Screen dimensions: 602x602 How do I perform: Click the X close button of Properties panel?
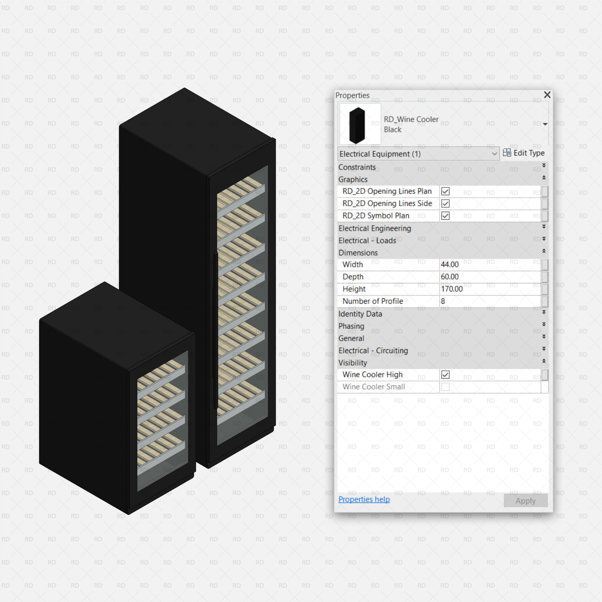click(x=547, y=95)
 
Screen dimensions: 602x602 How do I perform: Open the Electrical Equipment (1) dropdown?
click(x=418, y=154)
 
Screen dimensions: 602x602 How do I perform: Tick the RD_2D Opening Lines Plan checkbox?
click(x=445, y=191)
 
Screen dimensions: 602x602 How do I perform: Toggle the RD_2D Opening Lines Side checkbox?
click(x=445, y=204)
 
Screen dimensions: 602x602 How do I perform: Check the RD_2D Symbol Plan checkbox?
click(x=445, y=216)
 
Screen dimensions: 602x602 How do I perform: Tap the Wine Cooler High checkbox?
click(x=445, y=375)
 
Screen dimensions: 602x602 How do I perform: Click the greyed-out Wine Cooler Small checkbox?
click(x=445, y=387)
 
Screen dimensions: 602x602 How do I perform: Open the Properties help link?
click(x=364, y=499)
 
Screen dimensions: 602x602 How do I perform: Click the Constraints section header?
click(x=357, y=167)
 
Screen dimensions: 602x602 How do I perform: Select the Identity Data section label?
click(x=360, y=314)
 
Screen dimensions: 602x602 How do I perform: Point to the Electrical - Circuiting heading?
click(x=373, y=350)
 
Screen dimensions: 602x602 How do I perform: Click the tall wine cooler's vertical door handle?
click(x=216, y=330)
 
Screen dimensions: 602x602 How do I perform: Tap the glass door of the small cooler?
click(x=162, y=421)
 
